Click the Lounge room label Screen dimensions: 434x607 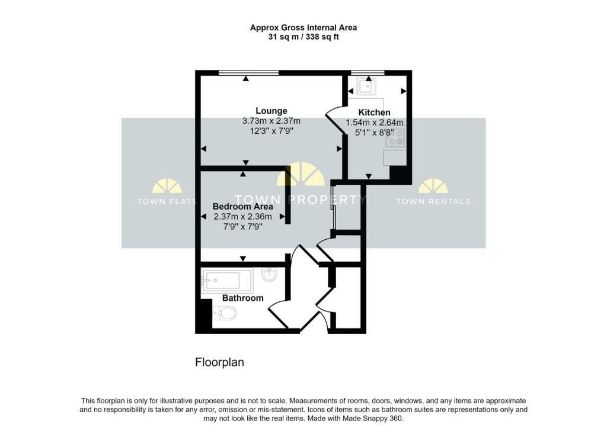[271, 111]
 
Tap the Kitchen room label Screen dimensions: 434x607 [375, 112]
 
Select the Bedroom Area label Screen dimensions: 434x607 [242, 207]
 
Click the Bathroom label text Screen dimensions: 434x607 [242, 298]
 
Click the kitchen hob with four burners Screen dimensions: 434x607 [395, 137]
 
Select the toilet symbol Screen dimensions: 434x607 [226, 313]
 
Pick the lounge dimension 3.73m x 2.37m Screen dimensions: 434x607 [271, 121]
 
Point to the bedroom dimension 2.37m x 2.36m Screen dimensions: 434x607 [242, 217]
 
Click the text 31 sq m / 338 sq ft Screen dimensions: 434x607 [303, 37]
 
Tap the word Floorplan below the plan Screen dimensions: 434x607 [219, 362]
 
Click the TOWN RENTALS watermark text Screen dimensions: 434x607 [433, 201]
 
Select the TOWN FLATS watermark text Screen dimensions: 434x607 [167, 201]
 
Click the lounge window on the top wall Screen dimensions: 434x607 [248, 72]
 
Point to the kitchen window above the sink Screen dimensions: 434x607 [368, 72]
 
